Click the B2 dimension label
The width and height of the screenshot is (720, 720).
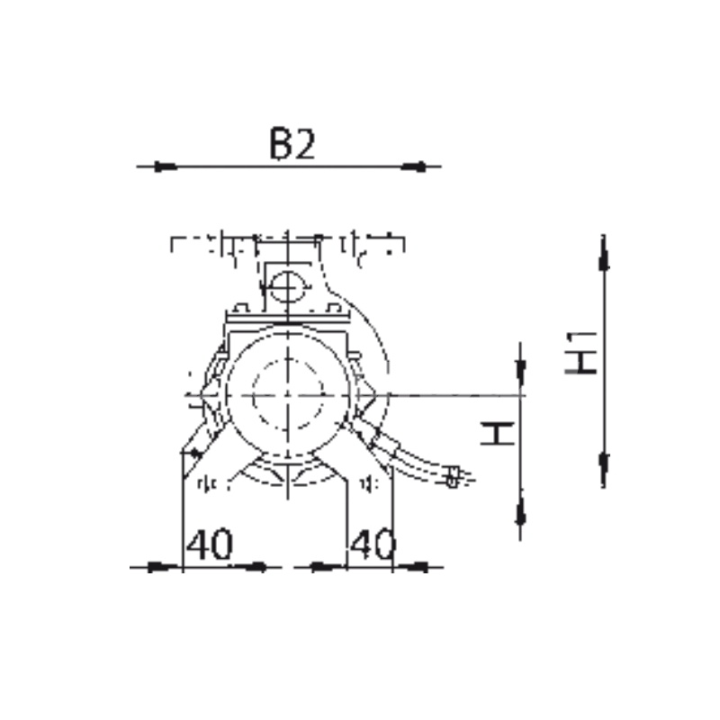click(x=292, y=144)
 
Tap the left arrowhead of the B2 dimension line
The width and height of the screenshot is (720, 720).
click(x=165, y=166)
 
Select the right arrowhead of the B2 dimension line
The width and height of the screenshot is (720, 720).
click(x=414, y=166)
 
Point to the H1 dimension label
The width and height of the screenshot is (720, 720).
click(x=580, y=353)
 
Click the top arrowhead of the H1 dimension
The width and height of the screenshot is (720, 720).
click(x=604, y=257)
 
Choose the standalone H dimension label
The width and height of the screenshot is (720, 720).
click(x=498, y=435)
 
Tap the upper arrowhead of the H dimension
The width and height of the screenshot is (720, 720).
click(x=520, y=371)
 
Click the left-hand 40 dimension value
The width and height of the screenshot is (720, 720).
click(x=210, y=544)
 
